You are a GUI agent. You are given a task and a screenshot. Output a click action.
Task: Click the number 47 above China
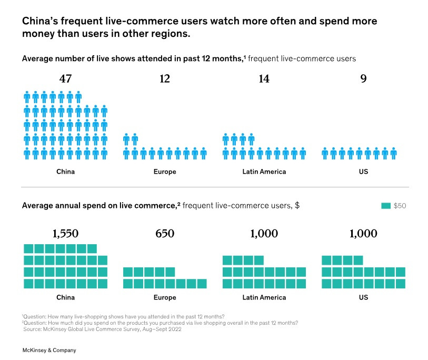[x=65, y=79]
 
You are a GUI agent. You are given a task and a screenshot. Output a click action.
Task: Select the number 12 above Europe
[x=165, y=79]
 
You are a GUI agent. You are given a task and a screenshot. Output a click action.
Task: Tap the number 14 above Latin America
[x=264, y=79]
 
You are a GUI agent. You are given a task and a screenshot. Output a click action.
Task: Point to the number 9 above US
[x=363, y=79]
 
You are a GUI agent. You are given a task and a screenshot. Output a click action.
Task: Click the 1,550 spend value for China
[x=65, y=234]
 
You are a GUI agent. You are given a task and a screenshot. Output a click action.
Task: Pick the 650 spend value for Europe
[x=165, y=234]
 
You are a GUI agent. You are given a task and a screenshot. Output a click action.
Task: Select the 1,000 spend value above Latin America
[x=264, y=234]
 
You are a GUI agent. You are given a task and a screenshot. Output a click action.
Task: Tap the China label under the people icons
[x=65, y=172]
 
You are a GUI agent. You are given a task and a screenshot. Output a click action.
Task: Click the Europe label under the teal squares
[x=165, y=297]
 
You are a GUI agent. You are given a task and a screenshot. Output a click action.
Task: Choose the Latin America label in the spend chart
[x=264, y=297]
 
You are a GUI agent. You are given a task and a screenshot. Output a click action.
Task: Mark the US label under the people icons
[x=363, y=172]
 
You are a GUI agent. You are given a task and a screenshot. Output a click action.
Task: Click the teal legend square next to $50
[x=385, y=205]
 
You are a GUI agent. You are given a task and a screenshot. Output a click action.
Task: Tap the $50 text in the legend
[x=400, y=206]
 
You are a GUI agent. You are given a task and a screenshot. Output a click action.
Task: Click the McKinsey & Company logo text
[x=49, y=350]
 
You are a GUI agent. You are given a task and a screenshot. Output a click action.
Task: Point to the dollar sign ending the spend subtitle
[x=297, y=205]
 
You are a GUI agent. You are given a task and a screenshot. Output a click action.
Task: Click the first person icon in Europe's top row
[x=126, y=139]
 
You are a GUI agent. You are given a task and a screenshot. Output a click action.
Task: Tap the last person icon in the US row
[x=393, y=153]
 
